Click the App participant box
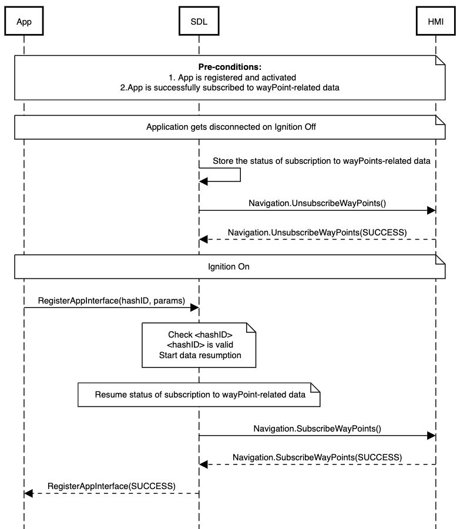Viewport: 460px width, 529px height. coord(24,21)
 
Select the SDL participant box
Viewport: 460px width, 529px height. coord(199,21)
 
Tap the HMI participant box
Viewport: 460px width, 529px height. coord(436,21)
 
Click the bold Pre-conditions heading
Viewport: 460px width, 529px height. coord(230,67)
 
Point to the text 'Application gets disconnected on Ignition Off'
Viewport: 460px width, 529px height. coord(231,127)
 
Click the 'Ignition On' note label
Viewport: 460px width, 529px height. coord(229,267)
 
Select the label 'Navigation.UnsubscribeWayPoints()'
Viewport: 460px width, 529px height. coord(317,203)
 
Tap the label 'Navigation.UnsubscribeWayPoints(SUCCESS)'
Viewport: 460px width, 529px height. coord(317,233)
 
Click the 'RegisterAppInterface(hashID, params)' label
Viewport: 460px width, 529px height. coord(112,301)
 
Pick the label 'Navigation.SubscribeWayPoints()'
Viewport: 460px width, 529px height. coord(317,429)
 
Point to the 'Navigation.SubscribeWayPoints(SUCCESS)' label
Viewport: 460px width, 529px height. coord(317,457)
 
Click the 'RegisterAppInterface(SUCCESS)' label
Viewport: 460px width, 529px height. coord(112,486)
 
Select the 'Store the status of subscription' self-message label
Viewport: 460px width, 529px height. coord(321,161)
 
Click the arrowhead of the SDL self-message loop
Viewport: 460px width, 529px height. coord(203,181)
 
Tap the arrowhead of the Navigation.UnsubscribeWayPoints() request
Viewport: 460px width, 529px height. coord(431,211)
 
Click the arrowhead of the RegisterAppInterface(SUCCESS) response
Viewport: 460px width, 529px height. coord(28,494)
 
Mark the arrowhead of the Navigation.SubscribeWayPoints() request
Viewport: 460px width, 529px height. coord(431,436)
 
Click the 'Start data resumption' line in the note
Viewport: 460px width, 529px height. coord(200,355)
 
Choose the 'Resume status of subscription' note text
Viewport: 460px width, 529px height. coord(200,395)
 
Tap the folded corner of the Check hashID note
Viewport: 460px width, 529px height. coord(251,328)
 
